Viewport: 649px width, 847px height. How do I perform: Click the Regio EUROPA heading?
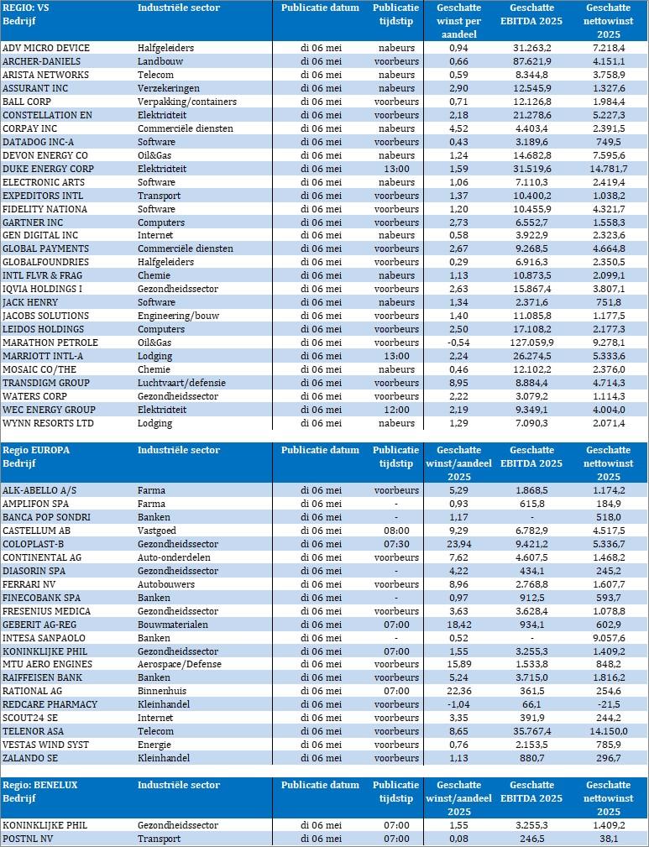36,450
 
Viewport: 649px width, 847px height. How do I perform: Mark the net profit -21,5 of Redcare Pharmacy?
609,704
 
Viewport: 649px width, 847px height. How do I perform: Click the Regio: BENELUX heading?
40,785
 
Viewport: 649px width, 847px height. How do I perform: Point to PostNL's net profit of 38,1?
609,839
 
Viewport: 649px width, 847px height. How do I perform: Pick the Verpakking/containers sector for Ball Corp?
187,102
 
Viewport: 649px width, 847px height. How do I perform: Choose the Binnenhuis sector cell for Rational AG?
163,691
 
